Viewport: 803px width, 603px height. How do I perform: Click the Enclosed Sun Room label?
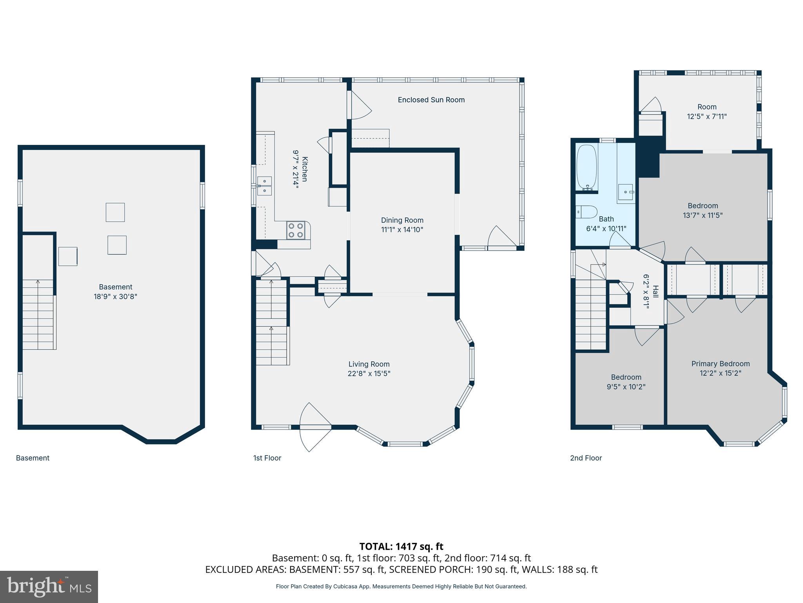(x=431, y=100)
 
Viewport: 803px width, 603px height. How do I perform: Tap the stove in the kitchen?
(x=296, y=230)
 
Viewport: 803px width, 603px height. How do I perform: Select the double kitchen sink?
(x=265, y=186)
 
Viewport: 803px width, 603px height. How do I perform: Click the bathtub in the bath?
(x=587, y=168)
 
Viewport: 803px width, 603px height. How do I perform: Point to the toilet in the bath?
(x=586, y=212)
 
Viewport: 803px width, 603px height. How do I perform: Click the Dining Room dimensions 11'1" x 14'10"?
(x=402, y=230)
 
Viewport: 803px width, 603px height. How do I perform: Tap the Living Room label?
(x=369, y=364)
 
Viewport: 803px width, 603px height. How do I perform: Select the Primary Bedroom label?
(x=720, y=364)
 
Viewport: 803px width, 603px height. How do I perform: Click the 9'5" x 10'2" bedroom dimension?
(x=626, y=387)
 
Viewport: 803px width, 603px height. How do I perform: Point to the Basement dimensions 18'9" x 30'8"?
(x=115, y=296)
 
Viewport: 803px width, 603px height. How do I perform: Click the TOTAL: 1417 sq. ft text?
(x=401, y=546)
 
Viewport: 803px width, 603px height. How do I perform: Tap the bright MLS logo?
(x=49, y=587)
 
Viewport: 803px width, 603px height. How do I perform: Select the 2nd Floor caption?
(x=586, y=458)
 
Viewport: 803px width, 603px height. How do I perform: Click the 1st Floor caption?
(x=267, y=458)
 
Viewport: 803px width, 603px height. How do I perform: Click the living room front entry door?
(x=315, y=427)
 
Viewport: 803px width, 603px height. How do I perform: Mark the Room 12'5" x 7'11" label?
(x=707, y=111)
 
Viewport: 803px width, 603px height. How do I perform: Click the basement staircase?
(x=38, y=314)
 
